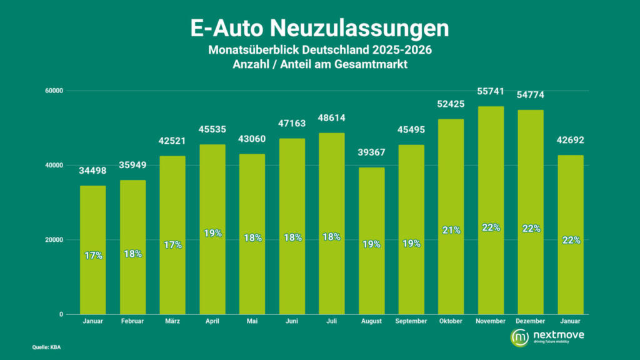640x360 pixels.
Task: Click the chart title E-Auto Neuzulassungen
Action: (319, 29)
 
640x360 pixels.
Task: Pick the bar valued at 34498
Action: (92, 250)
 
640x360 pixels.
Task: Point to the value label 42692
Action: (570, 140)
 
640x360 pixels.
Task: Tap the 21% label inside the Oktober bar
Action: (451, 230)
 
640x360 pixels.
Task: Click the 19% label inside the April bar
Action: (212, 234)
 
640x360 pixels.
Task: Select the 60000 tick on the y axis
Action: (56, 91)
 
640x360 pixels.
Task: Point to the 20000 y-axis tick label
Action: (56, 240)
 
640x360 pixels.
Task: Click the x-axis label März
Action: (172, 321)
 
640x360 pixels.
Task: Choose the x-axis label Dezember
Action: (531, 321)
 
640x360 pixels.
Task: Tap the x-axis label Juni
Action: (292, 321)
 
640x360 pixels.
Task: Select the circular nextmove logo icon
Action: (519, 337)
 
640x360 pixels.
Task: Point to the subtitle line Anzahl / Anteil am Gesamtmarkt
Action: (319, 64)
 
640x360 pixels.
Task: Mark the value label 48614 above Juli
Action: (332, 117)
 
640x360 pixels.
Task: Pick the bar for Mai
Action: (252, 234)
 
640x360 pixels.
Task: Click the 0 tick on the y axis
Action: (61, 314)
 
